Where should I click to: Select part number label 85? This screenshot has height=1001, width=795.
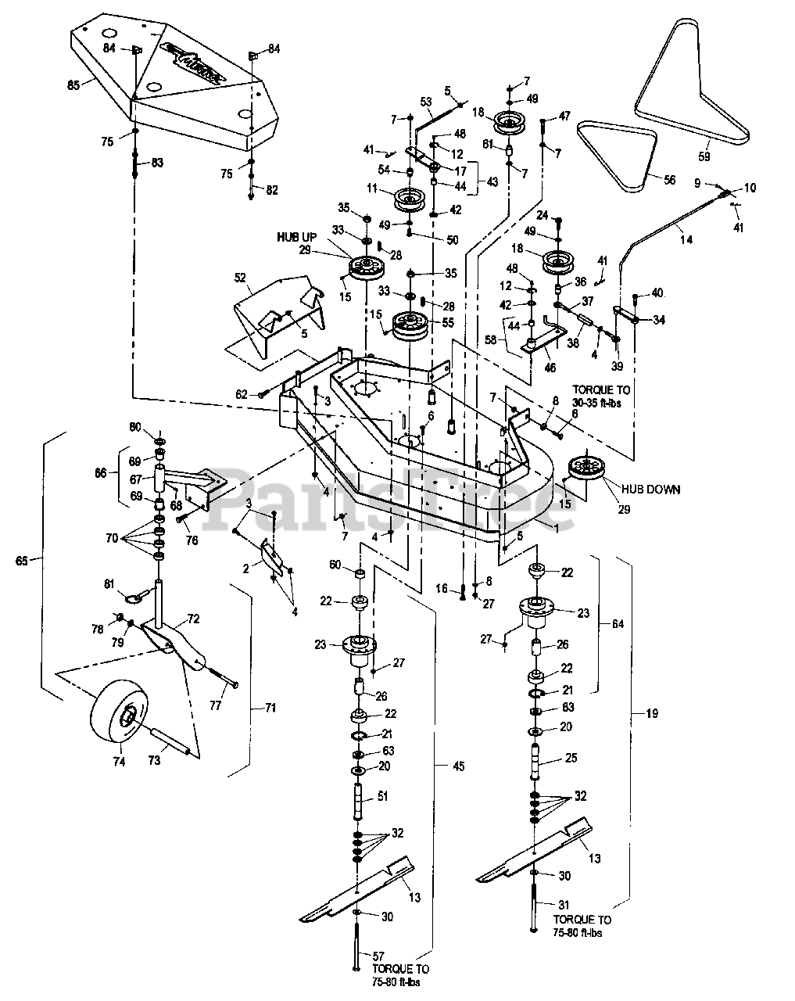tap(73, 84)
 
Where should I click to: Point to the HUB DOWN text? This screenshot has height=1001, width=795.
tap(650, 490)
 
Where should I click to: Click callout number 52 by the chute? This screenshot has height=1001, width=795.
tap(241, 278)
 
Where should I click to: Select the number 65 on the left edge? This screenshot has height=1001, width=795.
tap(23, 560)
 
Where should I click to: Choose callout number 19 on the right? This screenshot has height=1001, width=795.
tap(652, 713)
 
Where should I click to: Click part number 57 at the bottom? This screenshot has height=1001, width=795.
tap(379, 956)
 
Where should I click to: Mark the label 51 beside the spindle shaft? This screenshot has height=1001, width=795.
tap(382, 797)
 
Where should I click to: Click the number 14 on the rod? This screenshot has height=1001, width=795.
tap(686, 240)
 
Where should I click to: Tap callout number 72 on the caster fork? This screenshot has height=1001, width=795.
tap(193, 619)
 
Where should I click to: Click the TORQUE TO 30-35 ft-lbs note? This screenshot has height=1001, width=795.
tap(603, 394)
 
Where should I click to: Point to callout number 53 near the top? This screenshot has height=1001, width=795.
tap(426, 102)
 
